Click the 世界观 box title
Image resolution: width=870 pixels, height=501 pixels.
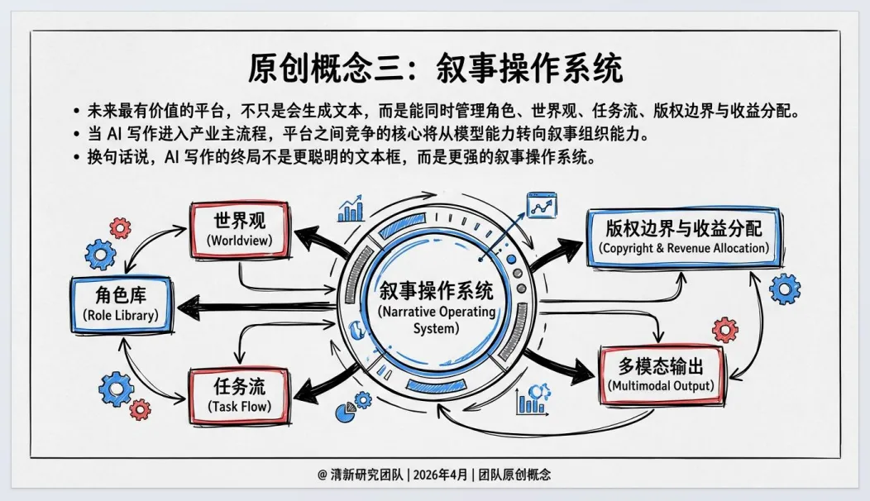coord(239,222)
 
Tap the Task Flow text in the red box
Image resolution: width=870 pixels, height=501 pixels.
coord(240,406)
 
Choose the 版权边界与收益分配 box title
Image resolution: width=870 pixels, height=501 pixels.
coord(684,227)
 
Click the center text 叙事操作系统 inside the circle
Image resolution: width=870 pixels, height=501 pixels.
coord(436,291)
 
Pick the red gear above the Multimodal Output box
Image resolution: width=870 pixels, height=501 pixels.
coord(724,330)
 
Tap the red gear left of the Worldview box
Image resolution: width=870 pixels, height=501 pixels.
coord(121,227)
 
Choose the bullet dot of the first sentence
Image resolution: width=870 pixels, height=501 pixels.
coord(76,111)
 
